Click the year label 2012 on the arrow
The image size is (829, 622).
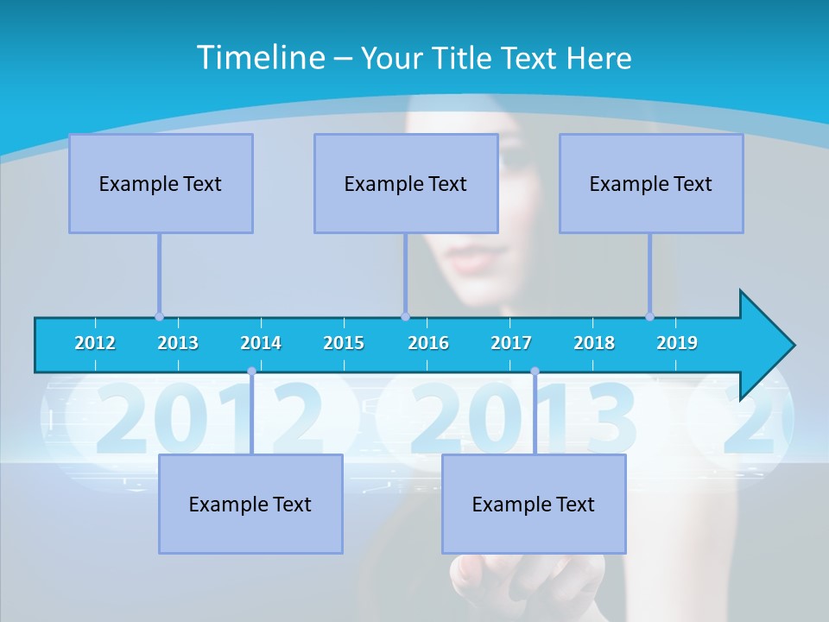95,343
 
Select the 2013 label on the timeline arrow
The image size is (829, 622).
178,343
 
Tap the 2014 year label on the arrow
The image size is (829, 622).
261,343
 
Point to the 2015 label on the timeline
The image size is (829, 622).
344,343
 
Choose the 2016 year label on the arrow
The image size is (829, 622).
428,343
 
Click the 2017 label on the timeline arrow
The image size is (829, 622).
511,343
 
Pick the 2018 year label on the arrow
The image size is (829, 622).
594,343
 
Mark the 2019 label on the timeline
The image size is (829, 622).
677,343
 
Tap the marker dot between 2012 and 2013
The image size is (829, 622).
159,316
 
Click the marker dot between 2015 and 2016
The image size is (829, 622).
405,316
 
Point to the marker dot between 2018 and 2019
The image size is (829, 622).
649,316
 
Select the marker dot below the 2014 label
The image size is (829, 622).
251,371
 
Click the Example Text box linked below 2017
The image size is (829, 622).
534,504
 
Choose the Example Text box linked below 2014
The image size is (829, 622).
250,504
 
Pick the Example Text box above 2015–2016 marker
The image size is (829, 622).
406,183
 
